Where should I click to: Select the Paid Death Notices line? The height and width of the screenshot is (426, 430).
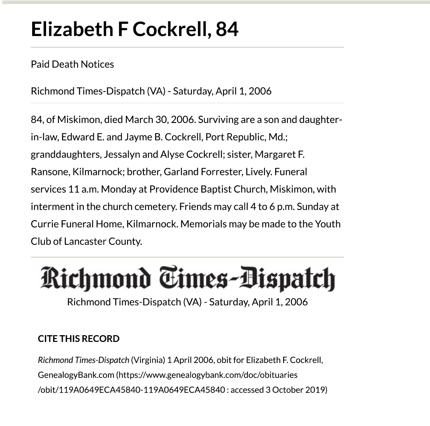tap(72, 64)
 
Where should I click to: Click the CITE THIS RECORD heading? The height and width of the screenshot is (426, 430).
tap(79, 339)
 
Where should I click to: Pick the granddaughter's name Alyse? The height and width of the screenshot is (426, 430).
tap(172, 154)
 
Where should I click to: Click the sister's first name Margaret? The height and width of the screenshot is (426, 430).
tap(274, 154)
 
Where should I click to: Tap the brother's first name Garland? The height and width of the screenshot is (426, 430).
tap(179, 172)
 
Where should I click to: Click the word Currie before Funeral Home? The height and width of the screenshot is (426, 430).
tap(44, 224)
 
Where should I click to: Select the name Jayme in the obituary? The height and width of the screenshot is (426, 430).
tap(137, 137)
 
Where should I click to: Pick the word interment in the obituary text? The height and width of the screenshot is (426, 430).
tap(50, 207)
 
